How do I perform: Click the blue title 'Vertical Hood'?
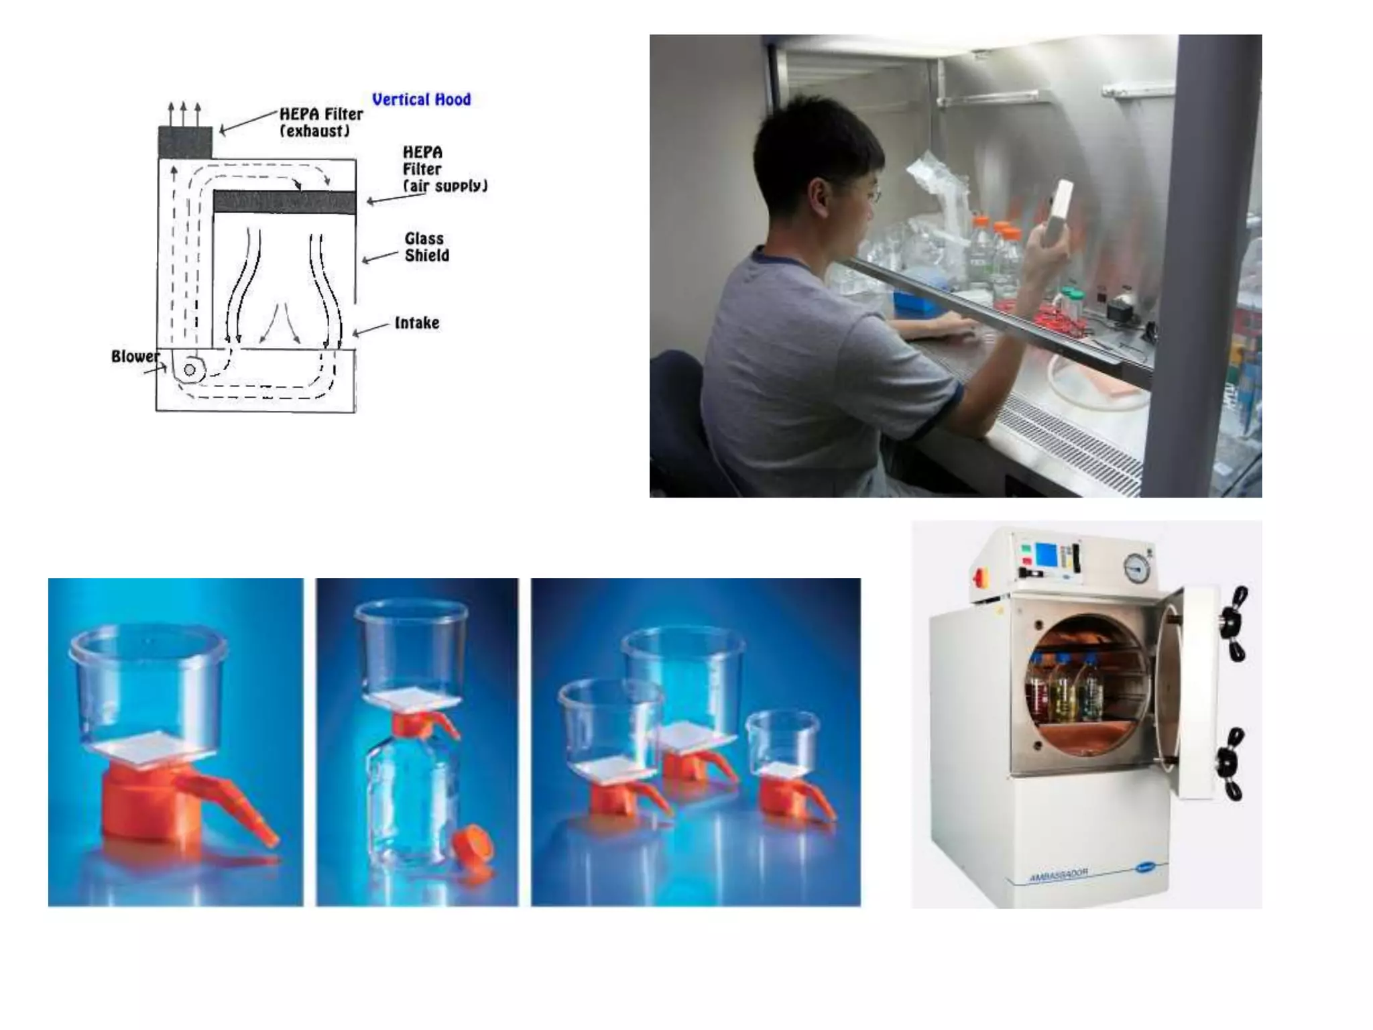coord(421,100)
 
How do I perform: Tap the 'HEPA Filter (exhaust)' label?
coord(320,122)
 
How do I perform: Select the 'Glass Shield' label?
coord(426,247)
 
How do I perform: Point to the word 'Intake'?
coord(416,323)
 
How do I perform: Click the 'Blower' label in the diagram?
coord(135,356)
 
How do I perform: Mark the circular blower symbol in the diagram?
coord(190,369)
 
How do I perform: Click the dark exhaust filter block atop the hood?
coord(185,141)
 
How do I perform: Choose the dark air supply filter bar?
coord(284,202)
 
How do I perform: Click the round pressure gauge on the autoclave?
coord(1136,569)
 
